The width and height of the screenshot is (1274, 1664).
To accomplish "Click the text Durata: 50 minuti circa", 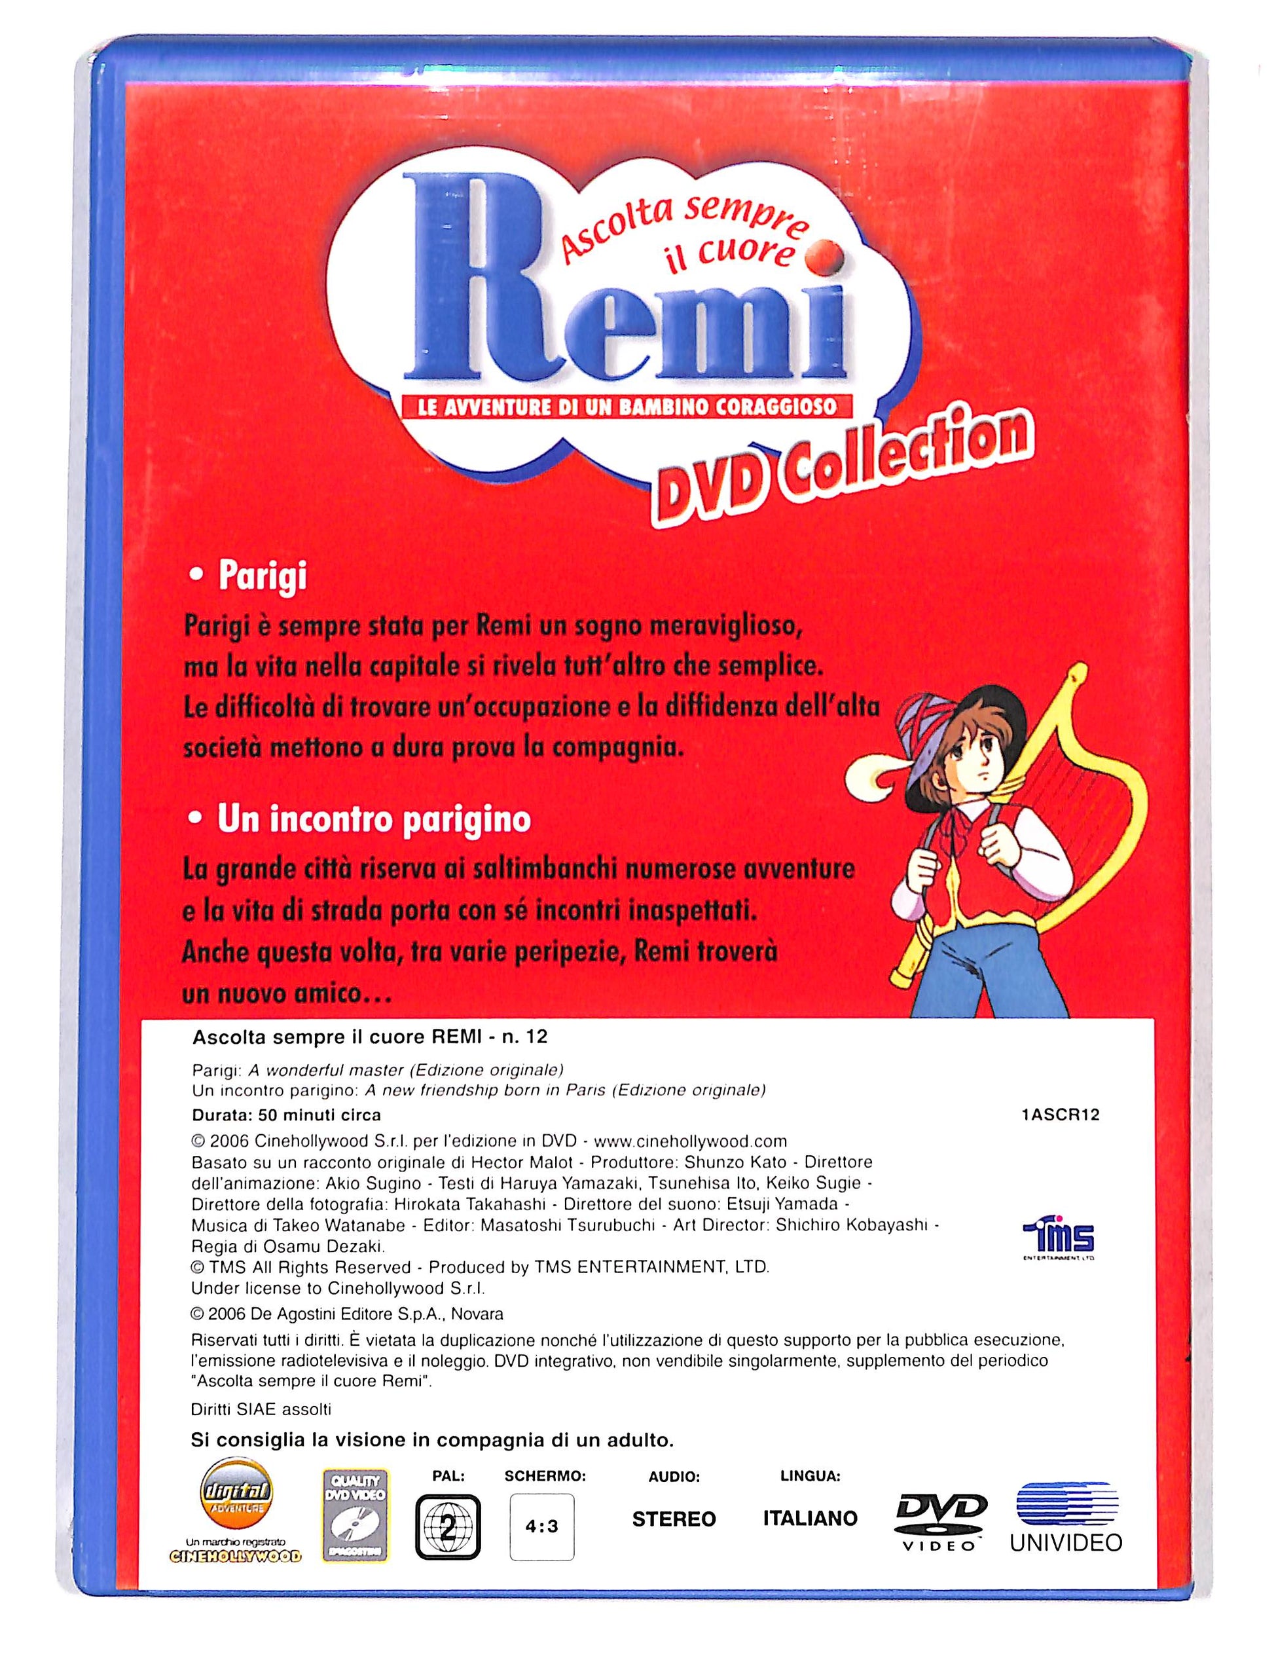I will [286, 1115].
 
